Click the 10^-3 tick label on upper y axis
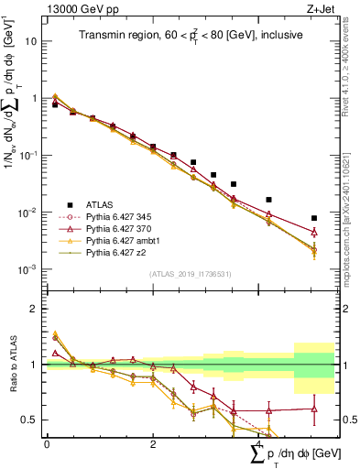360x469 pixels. pyautogui.click(x=29, y=269)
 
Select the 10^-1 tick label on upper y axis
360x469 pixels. pyautogui.click(x=29, y=155)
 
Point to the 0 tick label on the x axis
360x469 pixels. pyautogui.click(x=47, y=442)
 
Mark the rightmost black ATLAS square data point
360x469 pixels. pyautogui.click(x=314, y=218)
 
